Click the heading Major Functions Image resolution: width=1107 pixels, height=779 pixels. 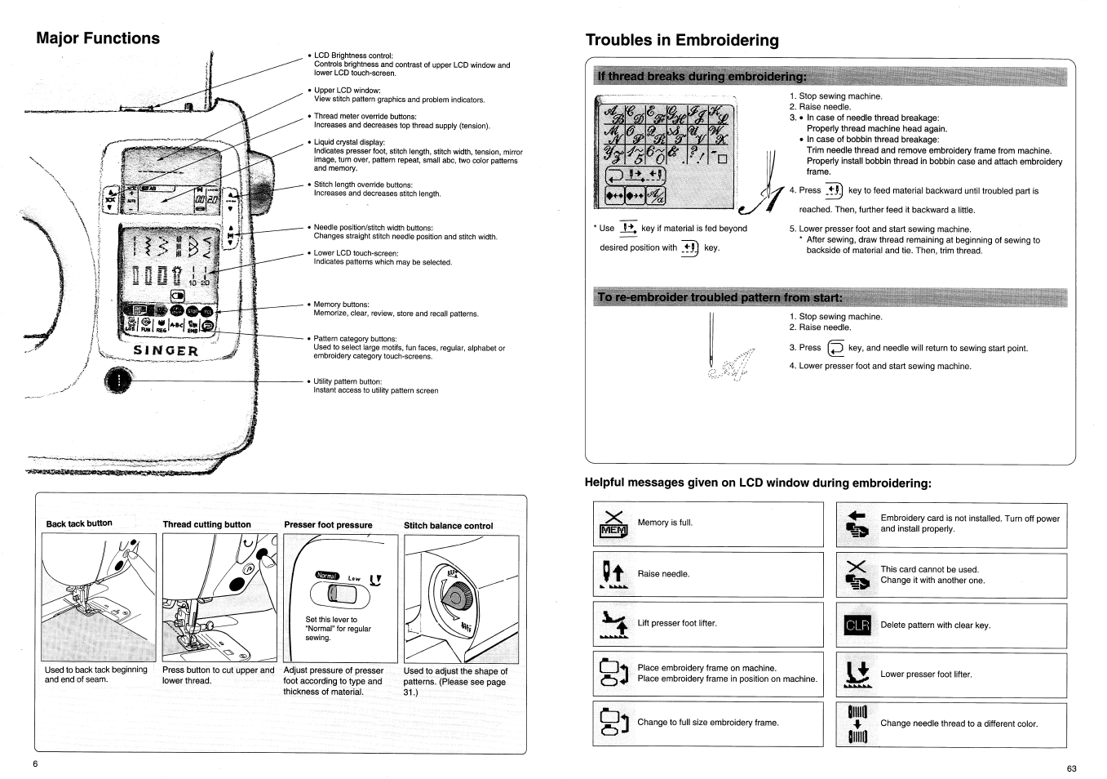[x=98, y=38]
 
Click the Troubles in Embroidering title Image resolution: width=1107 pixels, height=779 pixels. [x=682, y=40]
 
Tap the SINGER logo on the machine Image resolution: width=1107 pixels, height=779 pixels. [x=166, y=351]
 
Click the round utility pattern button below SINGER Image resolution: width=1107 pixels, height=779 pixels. [x=119, y=380]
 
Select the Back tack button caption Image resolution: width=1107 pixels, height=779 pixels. [x=79, y=523]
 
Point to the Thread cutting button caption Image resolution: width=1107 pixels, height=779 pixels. [x=206, y=525]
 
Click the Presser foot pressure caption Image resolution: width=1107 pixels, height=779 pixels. [x=328, y=525]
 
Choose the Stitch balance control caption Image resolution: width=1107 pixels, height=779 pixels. [x=448, y=526]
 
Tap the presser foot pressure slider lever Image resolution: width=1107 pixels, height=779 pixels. [x=335, y=598]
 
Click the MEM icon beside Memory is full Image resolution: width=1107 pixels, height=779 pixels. [x=613, y=524]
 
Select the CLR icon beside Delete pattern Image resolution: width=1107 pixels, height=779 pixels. [x=857, y=625]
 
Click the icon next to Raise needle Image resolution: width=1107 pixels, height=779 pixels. [x=613, y=574]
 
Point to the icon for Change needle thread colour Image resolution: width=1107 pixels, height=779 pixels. [x=857, y=723]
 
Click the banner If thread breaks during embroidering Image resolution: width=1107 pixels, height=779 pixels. [x=702, y=77]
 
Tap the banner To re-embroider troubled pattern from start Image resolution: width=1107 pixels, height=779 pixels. [x=719, y=297]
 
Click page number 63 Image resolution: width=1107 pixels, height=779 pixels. [x=1071, y=768]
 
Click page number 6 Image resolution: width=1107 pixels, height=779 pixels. [x=36, y=763]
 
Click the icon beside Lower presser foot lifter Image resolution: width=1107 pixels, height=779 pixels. [x=857, y=674]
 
